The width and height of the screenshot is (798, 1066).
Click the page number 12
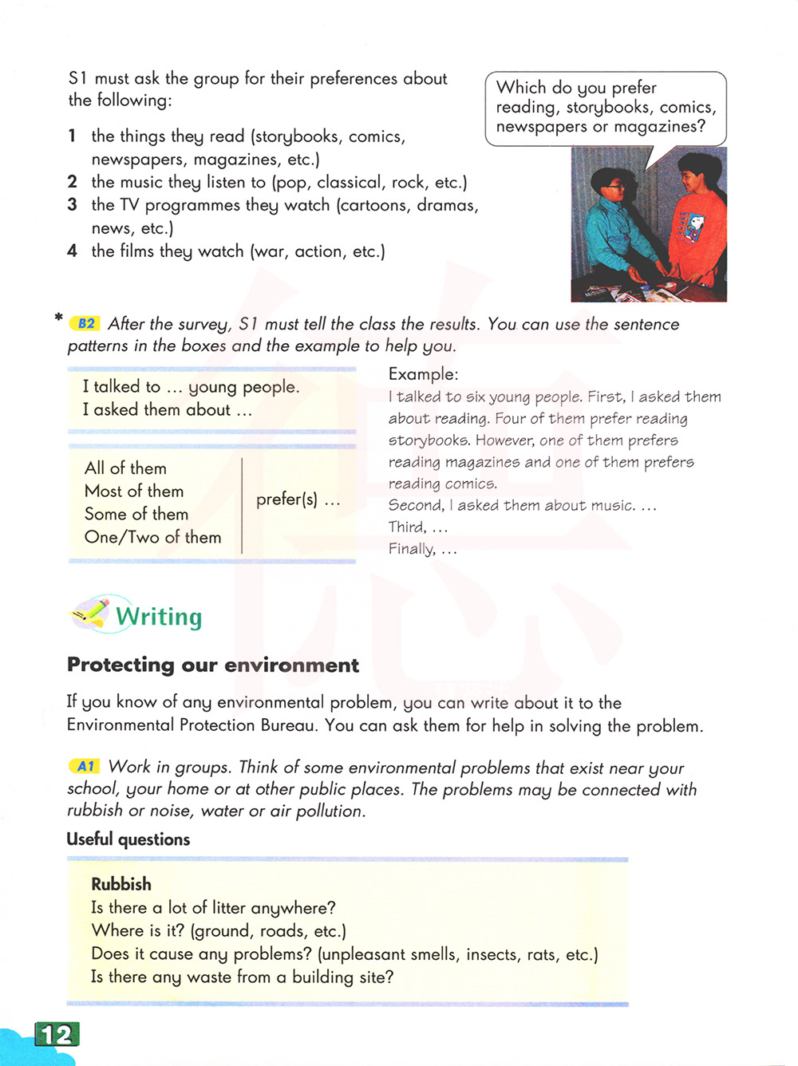(x=57, y=1035)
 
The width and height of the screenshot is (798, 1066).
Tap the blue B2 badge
(x=85, y=324)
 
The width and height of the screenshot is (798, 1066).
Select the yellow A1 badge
(x=85, y=767)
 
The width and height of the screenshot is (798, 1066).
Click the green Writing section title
(x=159, y=617)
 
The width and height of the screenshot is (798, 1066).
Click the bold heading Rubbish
(x=120, y=884)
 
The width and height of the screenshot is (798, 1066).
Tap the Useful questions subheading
(x=128, y=839)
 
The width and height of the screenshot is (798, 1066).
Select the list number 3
(x=73, y=205)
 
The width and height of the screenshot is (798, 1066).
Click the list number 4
(x=73, y=251)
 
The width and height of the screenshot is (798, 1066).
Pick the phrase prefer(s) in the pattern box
(x=287, y=500)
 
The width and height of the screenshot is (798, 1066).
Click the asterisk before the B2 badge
(x=58, y=318)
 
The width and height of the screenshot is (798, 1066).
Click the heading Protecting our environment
(x=213, y=665)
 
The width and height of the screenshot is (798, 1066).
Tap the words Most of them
(x=134, y=492)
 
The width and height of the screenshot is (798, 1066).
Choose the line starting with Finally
(x=422, y=549)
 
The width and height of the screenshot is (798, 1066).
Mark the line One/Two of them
(x=153, y=538)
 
